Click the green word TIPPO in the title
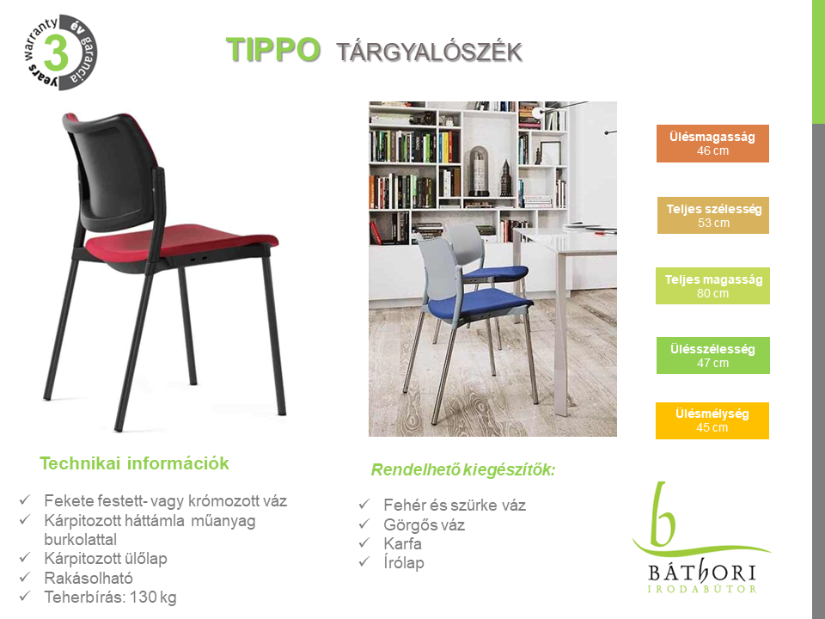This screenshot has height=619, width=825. pyautogui.click(x=273, y=50)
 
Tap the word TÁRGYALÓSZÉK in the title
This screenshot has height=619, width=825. pyautogui.click(x=430, y=52)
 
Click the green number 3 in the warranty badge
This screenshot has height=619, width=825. pyautogui.click(x=57, y=52)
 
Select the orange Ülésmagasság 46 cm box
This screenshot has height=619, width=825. pyautogui.click(x=712, y=144)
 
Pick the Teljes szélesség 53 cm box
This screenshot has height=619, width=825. pyautogui.click(x=713, y=215)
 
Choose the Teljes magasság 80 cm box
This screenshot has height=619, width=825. pyautogui.click(x=712, y=285)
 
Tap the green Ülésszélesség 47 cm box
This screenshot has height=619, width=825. pyautogui.click(x=713, y=355)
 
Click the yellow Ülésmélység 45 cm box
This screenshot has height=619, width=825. pyautogui.click(x=712, y=420)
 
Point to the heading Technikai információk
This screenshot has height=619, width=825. pyautogui.click(x=134, y=463)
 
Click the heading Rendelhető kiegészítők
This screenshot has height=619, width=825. pyautogui.click(x=463, y=469)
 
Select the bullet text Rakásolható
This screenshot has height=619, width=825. pyautogui.click(x=89, y=578)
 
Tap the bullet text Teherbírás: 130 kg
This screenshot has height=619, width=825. pyautogui.click(x=111, y=598)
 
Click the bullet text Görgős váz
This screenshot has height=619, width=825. pyautogui.click(x=424, y=524)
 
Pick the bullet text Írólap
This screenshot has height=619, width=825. pyautogui.click(x=404, y=562)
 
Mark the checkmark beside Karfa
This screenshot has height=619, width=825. pyautogui.click(x=364, y=542)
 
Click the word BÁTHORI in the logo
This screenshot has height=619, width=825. pyautogui.click(x=702, y=572)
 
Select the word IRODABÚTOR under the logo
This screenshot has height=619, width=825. pyautogui.click(x=702, y=589)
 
